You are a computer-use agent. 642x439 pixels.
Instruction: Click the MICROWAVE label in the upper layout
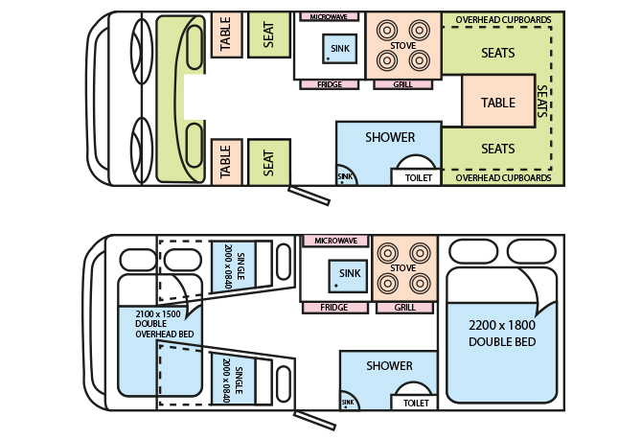[329, 17]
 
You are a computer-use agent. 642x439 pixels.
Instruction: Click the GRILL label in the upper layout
[403, 84]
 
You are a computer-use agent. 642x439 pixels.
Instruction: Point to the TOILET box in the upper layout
[419, 177]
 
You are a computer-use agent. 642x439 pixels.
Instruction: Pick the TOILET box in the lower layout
[416, 404]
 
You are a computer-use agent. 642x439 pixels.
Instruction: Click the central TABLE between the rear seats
[497, 103]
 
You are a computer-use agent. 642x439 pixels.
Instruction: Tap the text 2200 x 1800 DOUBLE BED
[501, 334]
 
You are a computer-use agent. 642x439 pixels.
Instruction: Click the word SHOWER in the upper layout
[390, 138]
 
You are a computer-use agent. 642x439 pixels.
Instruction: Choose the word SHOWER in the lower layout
[390, 365]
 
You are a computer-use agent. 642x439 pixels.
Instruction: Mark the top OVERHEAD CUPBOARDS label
[503, 18]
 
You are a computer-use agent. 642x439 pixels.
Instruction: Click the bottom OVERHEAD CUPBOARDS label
[503, 178]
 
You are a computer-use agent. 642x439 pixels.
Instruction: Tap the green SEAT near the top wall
[268, 35]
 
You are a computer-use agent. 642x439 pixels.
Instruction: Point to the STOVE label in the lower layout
[403, 268]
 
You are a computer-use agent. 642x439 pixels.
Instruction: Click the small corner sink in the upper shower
[344, 175]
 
